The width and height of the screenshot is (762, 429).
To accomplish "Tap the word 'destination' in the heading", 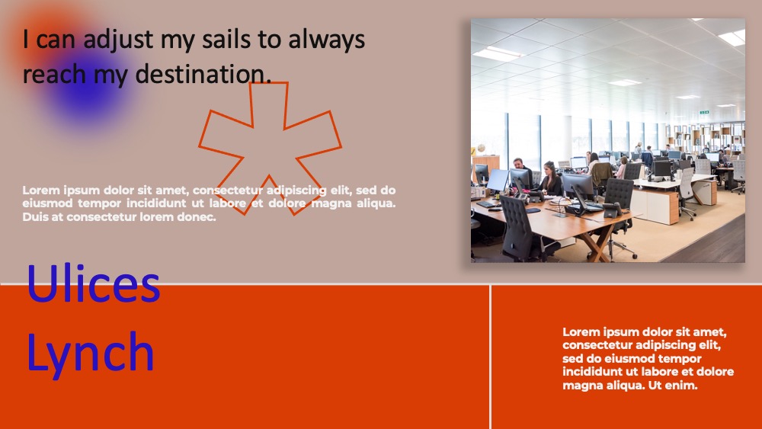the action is [203, 74].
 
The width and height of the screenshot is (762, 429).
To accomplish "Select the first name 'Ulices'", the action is [93, 283].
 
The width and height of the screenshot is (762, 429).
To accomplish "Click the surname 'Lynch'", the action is [91, 352].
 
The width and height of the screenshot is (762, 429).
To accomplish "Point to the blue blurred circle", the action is [88, 90].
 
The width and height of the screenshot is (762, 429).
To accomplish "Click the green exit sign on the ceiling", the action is [704, 112].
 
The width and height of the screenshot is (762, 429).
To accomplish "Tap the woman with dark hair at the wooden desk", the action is [550, 179].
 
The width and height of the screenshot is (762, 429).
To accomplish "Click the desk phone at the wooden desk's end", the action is [612, 210].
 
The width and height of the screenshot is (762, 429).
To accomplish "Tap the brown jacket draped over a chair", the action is [601, 173].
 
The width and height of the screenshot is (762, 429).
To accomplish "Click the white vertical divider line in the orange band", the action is [490, 357].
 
